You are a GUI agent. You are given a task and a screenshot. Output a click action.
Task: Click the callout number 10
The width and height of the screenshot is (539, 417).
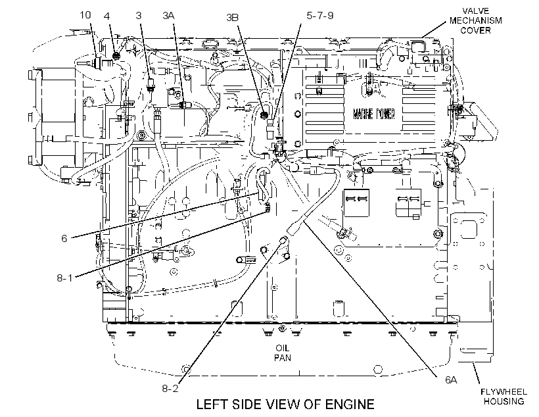(x=85, y=15)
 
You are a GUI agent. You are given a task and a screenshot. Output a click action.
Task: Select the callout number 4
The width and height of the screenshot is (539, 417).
(x=107, y=16)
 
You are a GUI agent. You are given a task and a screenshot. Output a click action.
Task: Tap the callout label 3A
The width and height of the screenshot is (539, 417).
(x=168, y=16)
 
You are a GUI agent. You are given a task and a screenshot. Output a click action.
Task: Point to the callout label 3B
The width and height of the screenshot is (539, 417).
(x=233, y=17)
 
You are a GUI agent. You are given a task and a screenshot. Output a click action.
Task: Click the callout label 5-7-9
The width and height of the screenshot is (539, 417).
(x=319, y=16)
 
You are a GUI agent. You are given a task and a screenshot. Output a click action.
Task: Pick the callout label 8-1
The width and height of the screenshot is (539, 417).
(x=64, y=278)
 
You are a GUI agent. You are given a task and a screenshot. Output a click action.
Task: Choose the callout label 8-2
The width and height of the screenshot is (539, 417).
(x=170, y=389)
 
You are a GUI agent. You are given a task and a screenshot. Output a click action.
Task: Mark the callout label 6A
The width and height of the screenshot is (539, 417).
(x=451, y=380)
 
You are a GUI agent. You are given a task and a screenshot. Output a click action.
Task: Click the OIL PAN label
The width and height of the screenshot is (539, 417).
(x=283, y=353)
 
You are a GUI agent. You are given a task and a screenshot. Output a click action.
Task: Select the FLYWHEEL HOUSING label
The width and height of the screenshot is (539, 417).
(x=504, y=397)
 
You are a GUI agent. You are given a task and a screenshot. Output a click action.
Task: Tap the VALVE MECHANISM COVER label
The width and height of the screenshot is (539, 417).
(x=476, y=20)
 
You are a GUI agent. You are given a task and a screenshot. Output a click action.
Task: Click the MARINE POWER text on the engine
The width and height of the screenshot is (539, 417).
(x=373, y=114)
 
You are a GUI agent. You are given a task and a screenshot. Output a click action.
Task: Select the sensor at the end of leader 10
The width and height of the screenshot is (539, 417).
(x=98, y=63)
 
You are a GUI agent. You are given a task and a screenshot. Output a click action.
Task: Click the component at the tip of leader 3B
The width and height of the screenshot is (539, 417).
(x=264, y=115)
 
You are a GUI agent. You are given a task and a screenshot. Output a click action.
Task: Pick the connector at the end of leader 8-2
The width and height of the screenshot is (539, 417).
(x=283, y=240)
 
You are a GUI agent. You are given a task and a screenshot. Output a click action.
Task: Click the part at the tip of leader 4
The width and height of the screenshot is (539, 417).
(x=116, y=55)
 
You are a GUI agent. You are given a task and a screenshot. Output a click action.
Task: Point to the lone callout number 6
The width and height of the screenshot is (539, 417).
(x=64, y=238)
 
